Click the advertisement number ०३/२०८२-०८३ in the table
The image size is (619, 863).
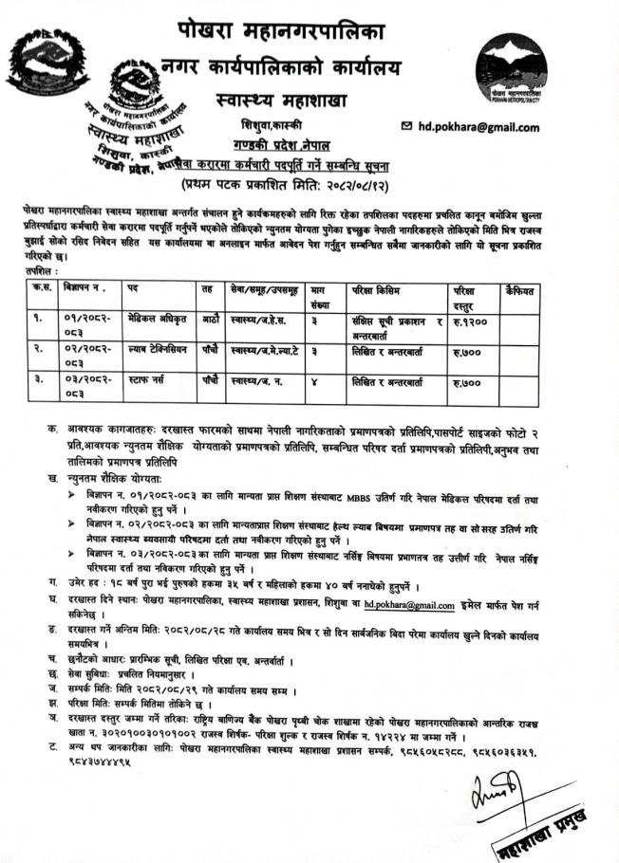[x=87, y=387]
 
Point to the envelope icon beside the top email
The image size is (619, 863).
[x=408, y=125]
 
